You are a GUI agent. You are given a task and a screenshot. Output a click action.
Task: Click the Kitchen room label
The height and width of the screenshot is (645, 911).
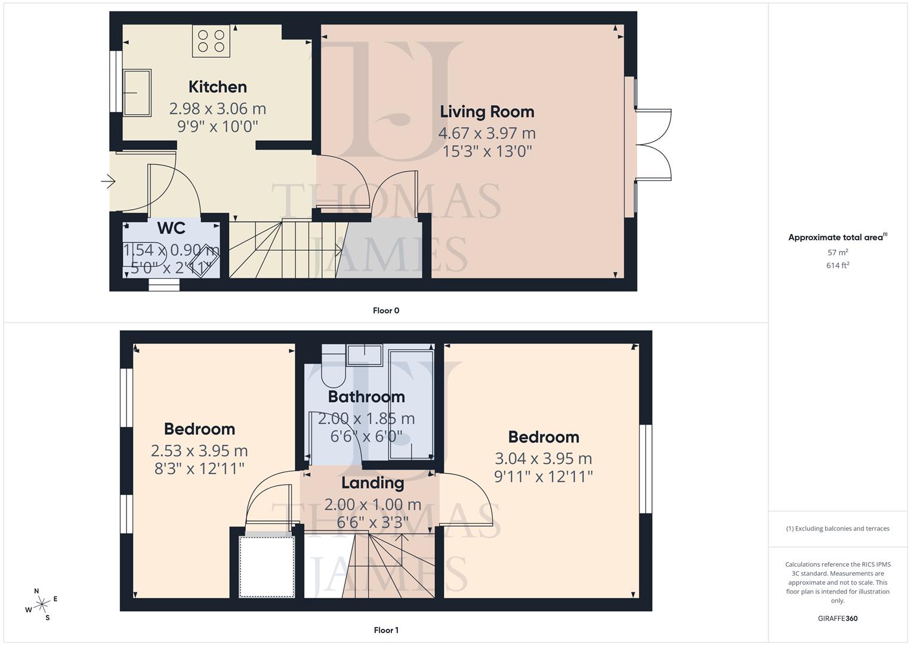tap(217, 87)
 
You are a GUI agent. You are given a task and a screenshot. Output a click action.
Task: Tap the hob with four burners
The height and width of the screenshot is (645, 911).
tap(211, 41)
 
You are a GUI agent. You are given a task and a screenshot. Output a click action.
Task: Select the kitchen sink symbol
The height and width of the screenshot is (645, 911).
tap(137, 93)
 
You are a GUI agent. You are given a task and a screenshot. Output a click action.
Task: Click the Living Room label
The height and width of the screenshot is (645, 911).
tap(487, 112)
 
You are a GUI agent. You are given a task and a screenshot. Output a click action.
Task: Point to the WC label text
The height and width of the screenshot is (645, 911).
tap(171, 228)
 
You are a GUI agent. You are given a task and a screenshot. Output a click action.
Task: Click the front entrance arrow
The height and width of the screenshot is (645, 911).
tap(108, 181)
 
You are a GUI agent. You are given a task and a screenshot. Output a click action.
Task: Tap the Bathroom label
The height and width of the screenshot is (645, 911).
tap(366, 397)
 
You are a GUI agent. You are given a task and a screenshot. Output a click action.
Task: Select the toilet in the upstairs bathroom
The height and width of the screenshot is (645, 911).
tap(333, 367)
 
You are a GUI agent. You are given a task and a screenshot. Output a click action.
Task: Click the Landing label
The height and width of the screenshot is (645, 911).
tap(372, 483)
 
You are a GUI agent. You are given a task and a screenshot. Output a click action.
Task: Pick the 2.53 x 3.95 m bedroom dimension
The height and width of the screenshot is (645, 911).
tap(199, 450)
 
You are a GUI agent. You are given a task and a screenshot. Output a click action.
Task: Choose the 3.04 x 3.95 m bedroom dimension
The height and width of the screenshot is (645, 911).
tap(543, 459)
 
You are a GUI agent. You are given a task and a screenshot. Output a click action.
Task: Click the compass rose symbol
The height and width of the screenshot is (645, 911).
tap(42, 604)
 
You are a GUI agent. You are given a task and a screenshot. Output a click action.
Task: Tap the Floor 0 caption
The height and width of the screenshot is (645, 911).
tap(386, 311)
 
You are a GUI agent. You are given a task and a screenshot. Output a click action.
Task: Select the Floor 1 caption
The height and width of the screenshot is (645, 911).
tap(386, 630)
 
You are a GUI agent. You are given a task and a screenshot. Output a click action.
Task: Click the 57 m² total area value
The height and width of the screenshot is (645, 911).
tap(838, 253)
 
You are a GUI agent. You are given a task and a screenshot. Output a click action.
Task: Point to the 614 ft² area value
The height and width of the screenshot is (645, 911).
tap(838, 266)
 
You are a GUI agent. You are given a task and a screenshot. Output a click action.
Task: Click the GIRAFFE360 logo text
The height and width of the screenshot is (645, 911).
tap(838, 619)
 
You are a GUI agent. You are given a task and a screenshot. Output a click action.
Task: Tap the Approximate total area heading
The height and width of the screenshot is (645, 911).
tap(837, 238)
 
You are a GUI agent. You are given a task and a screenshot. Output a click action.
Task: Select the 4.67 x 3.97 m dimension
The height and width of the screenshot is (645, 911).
tap(487, 133)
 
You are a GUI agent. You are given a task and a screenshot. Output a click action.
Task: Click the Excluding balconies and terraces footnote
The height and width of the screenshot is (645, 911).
tap(838, 529)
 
